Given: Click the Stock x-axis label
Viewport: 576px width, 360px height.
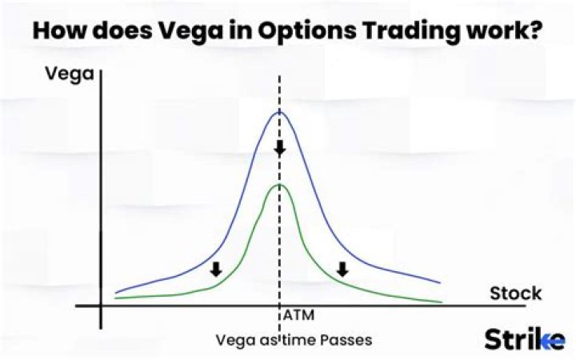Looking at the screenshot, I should point(515,293).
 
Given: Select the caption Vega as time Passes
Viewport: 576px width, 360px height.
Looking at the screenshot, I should point(294,339).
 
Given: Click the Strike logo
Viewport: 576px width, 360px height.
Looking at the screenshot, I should point(524,339).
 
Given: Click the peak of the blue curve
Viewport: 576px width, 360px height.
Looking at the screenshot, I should point(279,112).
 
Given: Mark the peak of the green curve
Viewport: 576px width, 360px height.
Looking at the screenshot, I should point(279,185).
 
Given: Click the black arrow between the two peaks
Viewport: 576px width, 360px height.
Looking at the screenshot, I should point(279,148).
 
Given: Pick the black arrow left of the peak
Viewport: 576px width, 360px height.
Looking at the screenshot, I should point(215,270).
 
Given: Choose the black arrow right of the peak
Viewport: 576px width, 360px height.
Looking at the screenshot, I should point(342,270).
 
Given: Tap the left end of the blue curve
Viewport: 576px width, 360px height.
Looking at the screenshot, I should point(116,293).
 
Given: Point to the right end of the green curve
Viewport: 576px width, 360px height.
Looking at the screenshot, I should point(441,302).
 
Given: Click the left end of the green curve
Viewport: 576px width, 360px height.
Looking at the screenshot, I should point(116,298).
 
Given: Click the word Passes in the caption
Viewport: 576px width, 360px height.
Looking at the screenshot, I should point(346,339).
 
